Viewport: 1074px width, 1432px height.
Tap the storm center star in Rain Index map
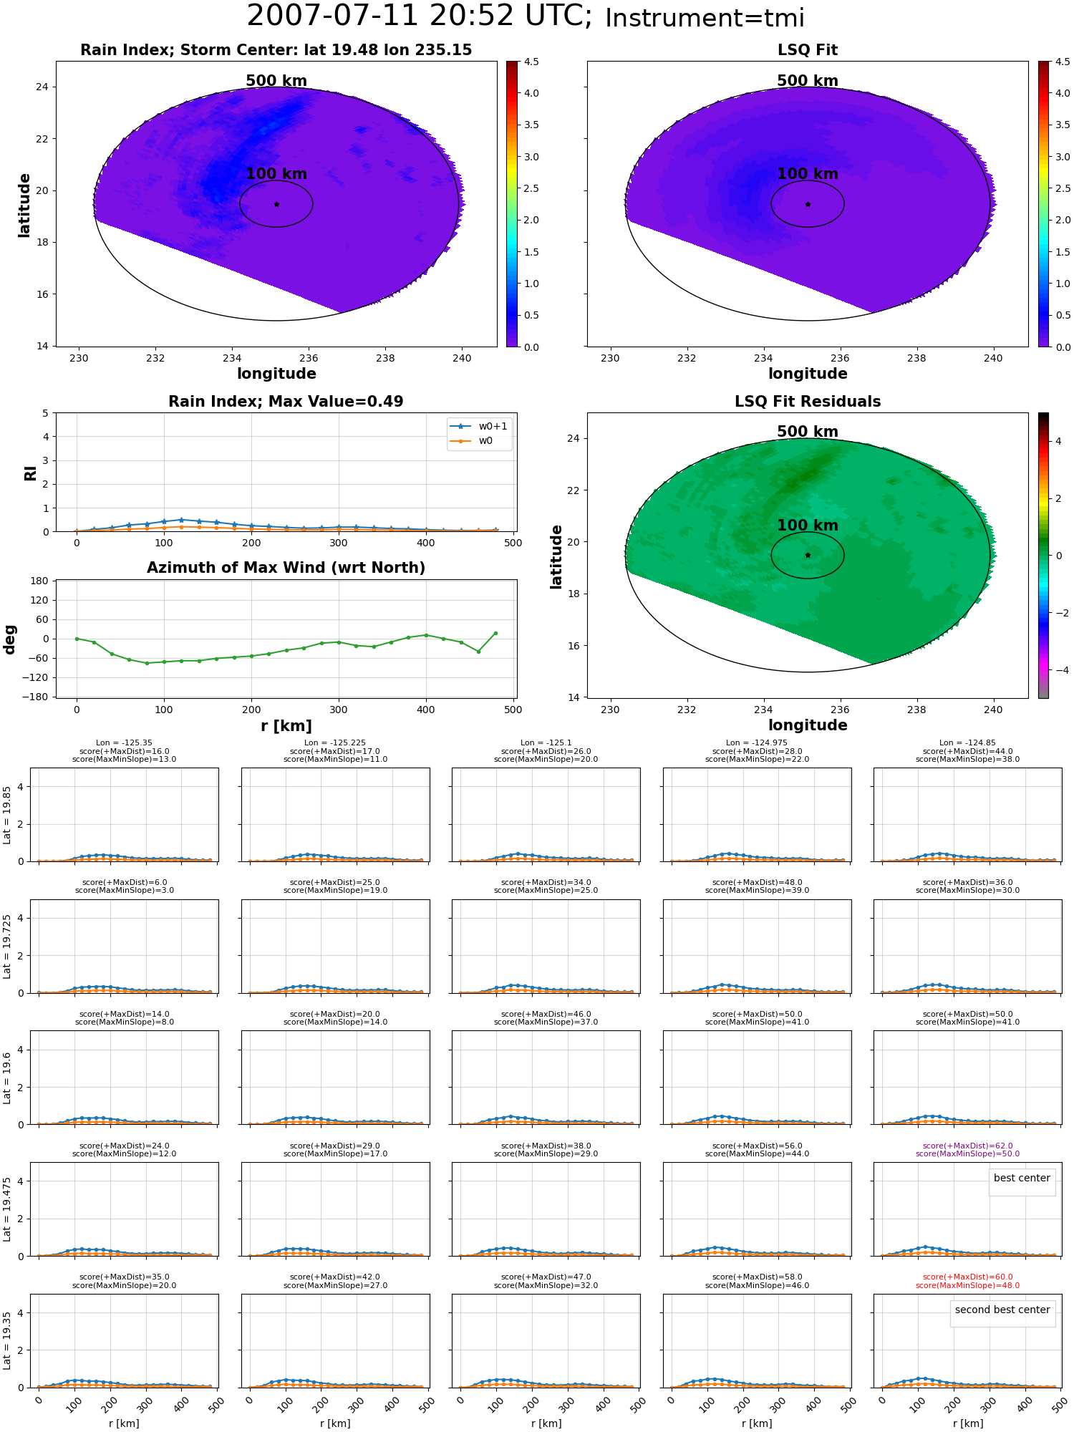(x=276, y=204)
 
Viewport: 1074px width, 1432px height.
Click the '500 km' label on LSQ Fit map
(x=808, y=81)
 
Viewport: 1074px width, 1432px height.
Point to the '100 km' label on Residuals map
(x=808, y=526)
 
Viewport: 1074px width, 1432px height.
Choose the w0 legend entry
(x=472, y=441)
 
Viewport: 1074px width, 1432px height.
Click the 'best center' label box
(x=1022, y=1178)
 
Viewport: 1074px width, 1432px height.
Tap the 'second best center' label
(x=1002, y=1310)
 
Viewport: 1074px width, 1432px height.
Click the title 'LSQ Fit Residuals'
(x=808, y=402)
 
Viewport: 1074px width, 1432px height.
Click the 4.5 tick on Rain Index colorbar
(x=531, y=62)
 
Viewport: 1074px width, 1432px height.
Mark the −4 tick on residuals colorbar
(x=1059, y=670)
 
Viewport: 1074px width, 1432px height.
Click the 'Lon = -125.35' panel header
(x=124, y=743)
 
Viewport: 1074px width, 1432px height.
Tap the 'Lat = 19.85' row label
(x=7, y=815)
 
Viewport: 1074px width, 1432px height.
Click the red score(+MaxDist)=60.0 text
(x=967, y=1277)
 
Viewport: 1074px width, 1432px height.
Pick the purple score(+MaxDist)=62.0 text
(x=967, y=1146)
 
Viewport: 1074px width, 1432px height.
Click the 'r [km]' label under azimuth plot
(x=286, y=726)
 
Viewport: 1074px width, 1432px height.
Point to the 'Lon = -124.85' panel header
(x=967, y=743)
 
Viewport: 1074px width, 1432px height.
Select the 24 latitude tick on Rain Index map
(x=42, y=87)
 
